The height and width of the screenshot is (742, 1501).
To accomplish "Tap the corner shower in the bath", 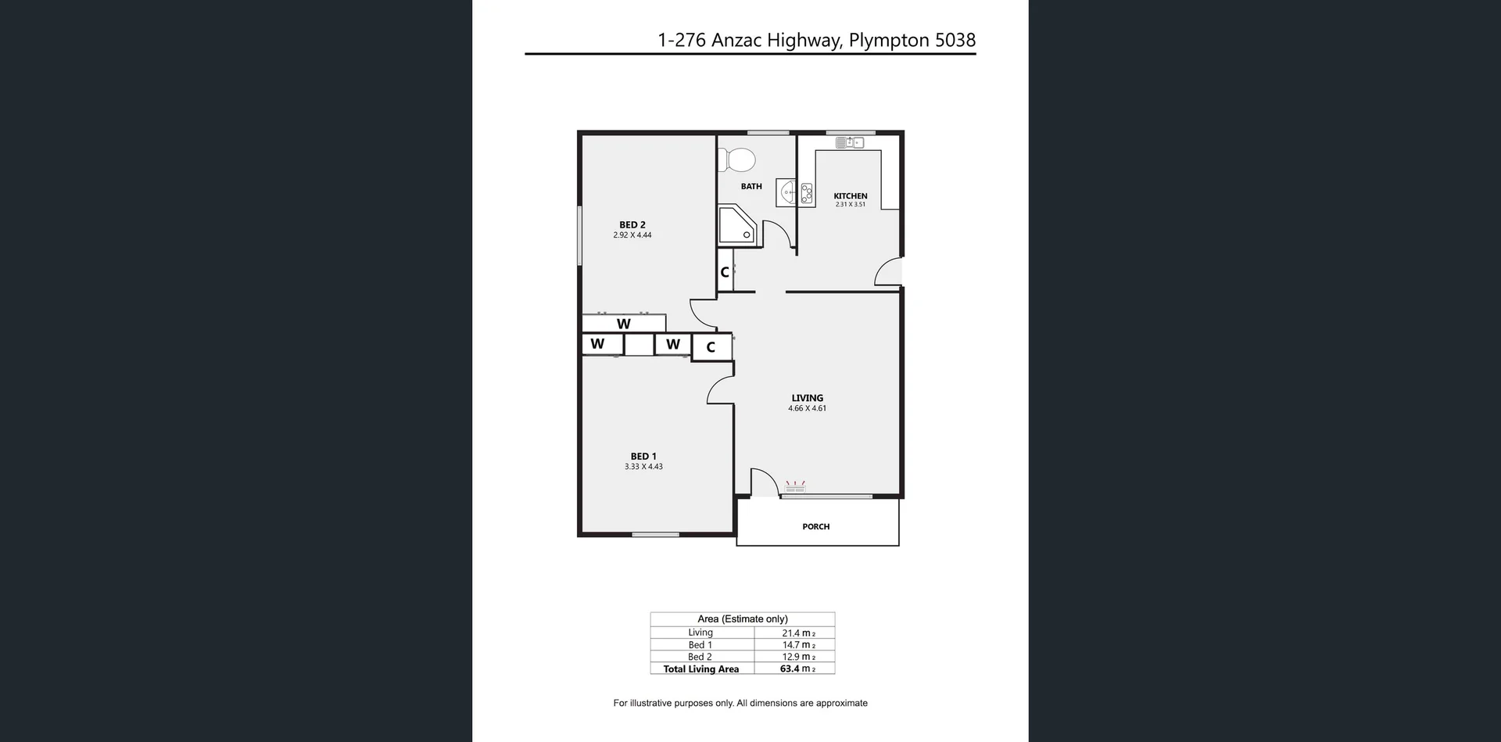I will point(736,225).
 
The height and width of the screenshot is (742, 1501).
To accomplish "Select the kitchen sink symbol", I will point(849,142).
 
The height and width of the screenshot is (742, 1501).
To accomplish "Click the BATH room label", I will point(751,186).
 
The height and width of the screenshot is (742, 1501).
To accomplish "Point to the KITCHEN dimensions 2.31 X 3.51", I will point(850,205).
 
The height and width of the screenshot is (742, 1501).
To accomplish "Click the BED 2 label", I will point(632,224).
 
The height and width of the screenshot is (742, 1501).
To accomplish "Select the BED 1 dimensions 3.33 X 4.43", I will point(643,467).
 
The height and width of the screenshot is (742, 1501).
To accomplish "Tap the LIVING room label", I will point(807,398).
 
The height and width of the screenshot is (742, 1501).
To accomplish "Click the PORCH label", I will point(815,527).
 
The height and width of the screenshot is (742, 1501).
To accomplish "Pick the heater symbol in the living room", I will point(794,488).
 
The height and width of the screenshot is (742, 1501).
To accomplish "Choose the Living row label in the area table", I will point(700,633).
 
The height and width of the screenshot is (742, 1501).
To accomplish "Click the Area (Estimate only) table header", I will point(742,618).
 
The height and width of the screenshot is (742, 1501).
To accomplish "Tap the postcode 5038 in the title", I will point(955,40).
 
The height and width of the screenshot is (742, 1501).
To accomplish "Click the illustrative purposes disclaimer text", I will point(740,703).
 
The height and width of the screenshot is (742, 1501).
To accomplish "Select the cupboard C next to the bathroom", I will point(725,272).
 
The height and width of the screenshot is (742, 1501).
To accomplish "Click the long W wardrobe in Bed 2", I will point(623,324).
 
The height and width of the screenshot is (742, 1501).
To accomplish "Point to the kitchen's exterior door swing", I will point(889,271).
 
